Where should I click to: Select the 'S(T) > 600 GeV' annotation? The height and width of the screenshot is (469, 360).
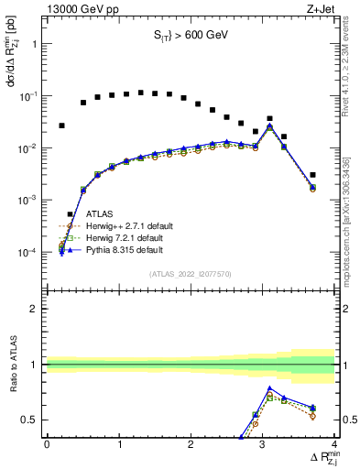point(191,38)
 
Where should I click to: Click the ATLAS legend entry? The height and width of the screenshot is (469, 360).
point(98,214)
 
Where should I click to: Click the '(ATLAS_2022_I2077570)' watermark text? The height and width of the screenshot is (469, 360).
point(190,272)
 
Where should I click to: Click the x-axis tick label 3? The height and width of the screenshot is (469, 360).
point(263,446)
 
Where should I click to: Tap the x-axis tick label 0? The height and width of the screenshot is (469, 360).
point(47,446)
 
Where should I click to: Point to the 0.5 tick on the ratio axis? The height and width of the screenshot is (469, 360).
point(30,420)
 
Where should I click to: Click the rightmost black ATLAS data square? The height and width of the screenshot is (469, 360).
point(313,175)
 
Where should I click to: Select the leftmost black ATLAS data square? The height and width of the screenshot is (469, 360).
point(61,125)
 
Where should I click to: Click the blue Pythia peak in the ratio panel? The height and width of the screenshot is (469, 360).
point(270,387)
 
